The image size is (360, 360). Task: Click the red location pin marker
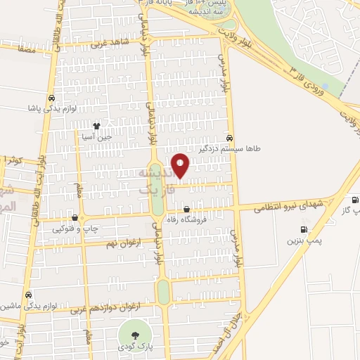coord(181,165)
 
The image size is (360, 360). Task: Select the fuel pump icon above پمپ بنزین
coord(304,229)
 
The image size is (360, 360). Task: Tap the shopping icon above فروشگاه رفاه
coord(186,209)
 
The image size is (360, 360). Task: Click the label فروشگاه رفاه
coord(188,220)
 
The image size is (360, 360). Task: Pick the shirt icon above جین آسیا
coord(97,126)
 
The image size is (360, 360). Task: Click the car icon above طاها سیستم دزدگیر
coord(231,138)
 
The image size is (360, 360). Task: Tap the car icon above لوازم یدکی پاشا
coord(51,98)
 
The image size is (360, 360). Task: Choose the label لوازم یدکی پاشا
coord(50,109)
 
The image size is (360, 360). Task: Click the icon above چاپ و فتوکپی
coord(75,217)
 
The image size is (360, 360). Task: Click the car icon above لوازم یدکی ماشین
coord(28,295)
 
